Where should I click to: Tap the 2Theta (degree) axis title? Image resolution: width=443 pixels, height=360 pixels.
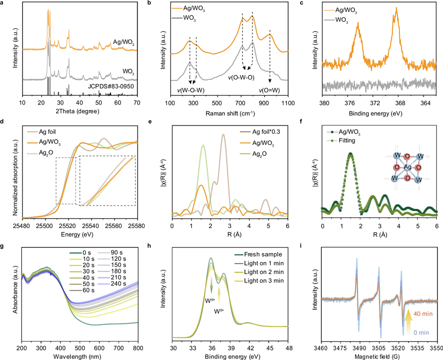click(77, 111)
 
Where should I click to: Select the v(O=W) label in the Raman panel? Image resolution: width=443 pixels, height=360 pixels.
click(269, 90)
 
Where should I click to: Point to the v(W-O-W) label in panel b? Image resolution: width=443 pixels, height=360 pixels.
click(190, 90)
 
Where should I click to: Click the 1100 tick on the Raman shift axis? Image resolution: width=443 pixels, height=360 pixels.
click(288, 103)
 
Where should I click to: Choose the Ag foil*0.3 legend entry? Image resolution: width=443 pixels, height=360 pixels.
click(260, 132)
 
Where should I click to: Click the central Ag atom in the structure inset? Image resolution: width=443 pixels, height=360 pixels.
click(407, 167)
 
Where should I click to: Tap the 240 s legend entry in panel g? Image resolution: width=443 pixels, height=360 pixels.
click(111, 283)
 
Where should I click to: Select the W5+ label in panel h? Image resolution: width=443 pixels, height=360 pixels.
click(219, 311)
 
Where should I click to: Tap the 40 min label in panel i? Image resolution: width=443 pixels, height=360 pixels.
click(423, 313)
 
